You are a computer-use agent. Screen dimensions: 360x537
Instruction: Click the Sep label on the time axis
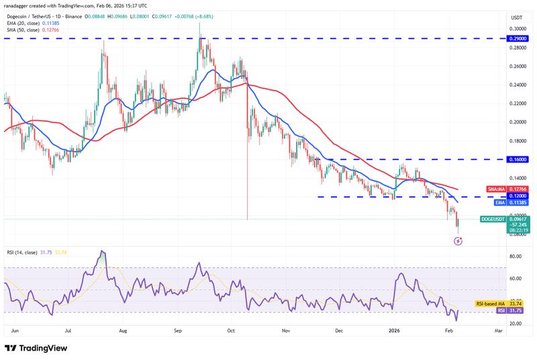(x=177, y=331)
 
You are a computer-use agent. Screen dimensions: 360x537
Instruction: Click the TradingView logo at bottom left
(x=38, y=348)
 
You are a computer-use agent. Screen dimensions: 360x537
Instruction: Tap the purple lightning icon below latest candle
(x=458, y=240)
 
